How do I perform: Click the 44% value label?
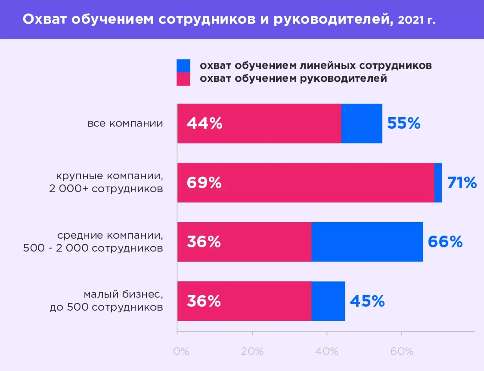click(205, 123)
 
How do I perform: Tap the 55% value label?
click(404, 123)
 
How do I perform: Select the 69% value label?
click(204, 183)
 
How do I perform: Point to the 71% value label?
click(462, 183)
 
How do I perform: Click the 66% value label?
click(445, 242)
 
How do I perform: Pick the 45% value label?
click(367, 301)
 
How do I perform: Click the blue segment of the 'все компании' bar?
click(362, 124)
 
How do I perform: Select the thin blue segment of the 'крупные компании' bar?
click(438, 183)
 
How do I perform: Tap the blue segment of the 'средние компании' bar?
click(367, 242)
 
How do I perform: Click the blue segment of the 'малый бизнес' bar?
click(328, 301)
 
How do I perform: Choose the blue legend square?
click(183, 66)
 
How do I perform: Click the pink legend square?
click(183, 79)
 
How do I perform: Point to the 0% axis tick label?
click(181, 351)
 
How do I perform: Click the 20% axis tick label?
click(252, 351)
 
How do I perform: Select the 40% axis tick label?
click(327, 351)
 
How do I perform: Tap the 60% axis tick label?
click(402, 351)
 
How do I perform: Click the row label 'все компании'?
click(125, 123)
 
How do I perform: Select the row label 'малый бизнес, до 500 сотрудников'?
click(107, 301)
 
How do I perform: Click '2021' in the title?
click(411, 20)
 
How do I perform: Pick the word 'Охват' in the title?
click(45, 19)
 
